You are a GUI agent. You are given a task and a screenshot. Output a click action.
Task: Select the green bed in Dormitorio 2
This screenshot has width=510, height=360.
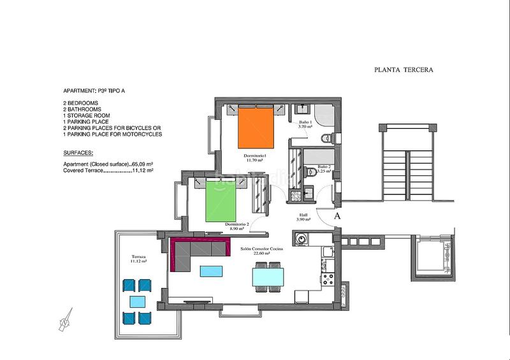pyautogui.click(x=221, y=200)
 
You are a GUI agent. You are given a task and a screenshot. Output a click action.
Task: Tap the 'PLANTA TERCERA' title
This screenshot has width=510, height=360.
pyautogui.click(x=404, y=70)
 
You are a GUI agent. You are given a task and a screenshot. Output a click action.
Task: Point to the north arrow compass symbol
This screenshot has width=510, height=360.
pyautogui.click(x=64, y=321)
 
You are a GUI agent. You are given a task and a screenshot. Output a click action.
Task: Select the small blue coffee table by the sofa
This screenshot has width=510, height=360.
pyautogui.click(x=211, y=271)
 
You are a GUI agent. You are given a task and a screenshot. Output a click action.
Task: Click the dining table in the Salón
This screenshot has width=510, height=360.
pyautogui.click(x=268, y=277)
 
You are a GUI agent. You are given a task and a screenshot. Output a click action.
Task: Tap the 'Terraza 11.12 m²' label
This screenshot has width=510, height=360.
pyautogui.click(x=135, y=259)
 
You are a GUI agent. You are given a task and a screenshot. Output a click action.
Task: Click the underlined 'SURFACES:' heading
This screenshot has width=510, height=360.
pyautogui.click(x=78, y=154)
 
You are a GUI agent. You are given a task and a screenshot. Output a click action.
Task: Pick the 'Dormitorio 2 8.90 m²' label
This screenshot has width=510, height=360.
pyautogui.click(x=237, y=227)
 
